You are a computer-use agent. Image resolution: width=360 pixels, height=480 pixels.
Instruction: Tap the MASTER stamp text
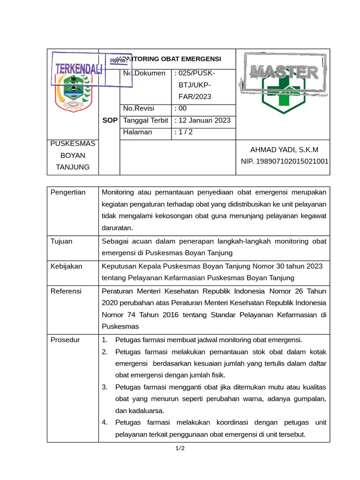point(284,72)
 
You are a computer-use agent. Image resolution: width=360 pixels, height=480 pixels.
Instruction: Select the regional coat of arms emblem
point(73,93)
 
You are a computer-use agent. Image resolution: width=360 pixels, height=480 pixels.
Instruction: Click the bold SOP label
point(110,120)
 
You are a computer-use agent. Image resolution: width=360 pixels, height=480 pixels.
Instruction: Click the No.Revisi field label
point(138,108)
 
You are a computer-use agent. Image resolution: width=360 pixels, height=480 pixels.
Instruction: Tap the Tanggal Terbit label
point(145,120)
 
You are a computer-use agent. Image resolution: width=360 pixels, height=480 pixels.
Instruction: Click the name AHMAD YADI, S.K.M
point(284,150)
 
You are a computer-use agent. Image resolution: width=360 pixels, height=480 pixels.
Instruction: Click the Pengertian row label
point(68,192)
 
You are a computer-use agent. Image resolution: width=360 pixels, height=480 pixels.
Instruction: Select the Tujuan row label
point(61,241)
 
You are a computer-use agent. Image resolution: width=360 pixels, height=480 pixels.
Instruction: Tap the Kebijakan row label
point(66,266)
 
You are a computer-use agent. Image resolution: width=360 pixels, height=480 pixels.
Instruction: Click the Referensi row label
point(66,291)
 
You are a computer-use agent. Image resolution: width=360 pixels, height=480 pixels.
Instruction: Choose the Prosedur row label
point(65,340)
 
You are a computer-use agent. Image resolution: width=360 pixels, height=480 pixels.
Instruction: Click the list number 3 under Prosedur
point(105,387)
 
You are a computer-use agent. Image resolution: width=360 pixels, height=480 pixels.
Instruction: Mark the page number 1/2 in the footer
point(180,449)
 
